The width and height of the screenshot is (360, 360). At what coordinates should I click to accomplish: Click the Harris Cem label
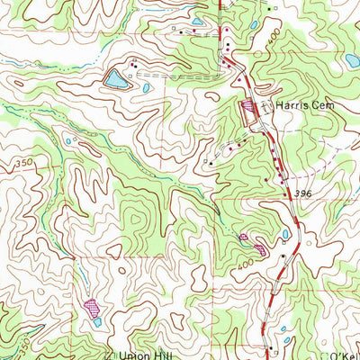pyautogui.click(x=300, y=106)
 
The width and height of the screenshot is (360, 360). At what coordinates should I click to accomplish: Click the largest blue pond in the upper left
pyautogui.click(x=115, y=80)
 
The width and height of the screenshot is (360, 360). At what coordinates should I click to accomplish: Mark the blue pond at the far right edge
pyautogui.click(x=352, y=61)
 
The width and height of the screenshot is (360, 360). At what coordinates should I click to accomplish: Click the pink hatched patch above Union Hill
pyautogui.click(x=92, y=307)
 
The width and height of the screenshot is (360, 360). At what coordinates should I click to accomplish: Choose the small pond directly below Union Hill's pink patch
pyautogui.click(x=97, y=321)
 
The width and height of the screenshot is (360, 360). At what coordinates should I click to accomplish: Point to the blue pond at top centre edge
pyautogui.click(x=197, y=21)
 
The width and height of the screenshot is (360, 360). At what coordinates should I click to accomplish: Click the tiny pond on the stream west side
pyautogui.click(x=67, y=141)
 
